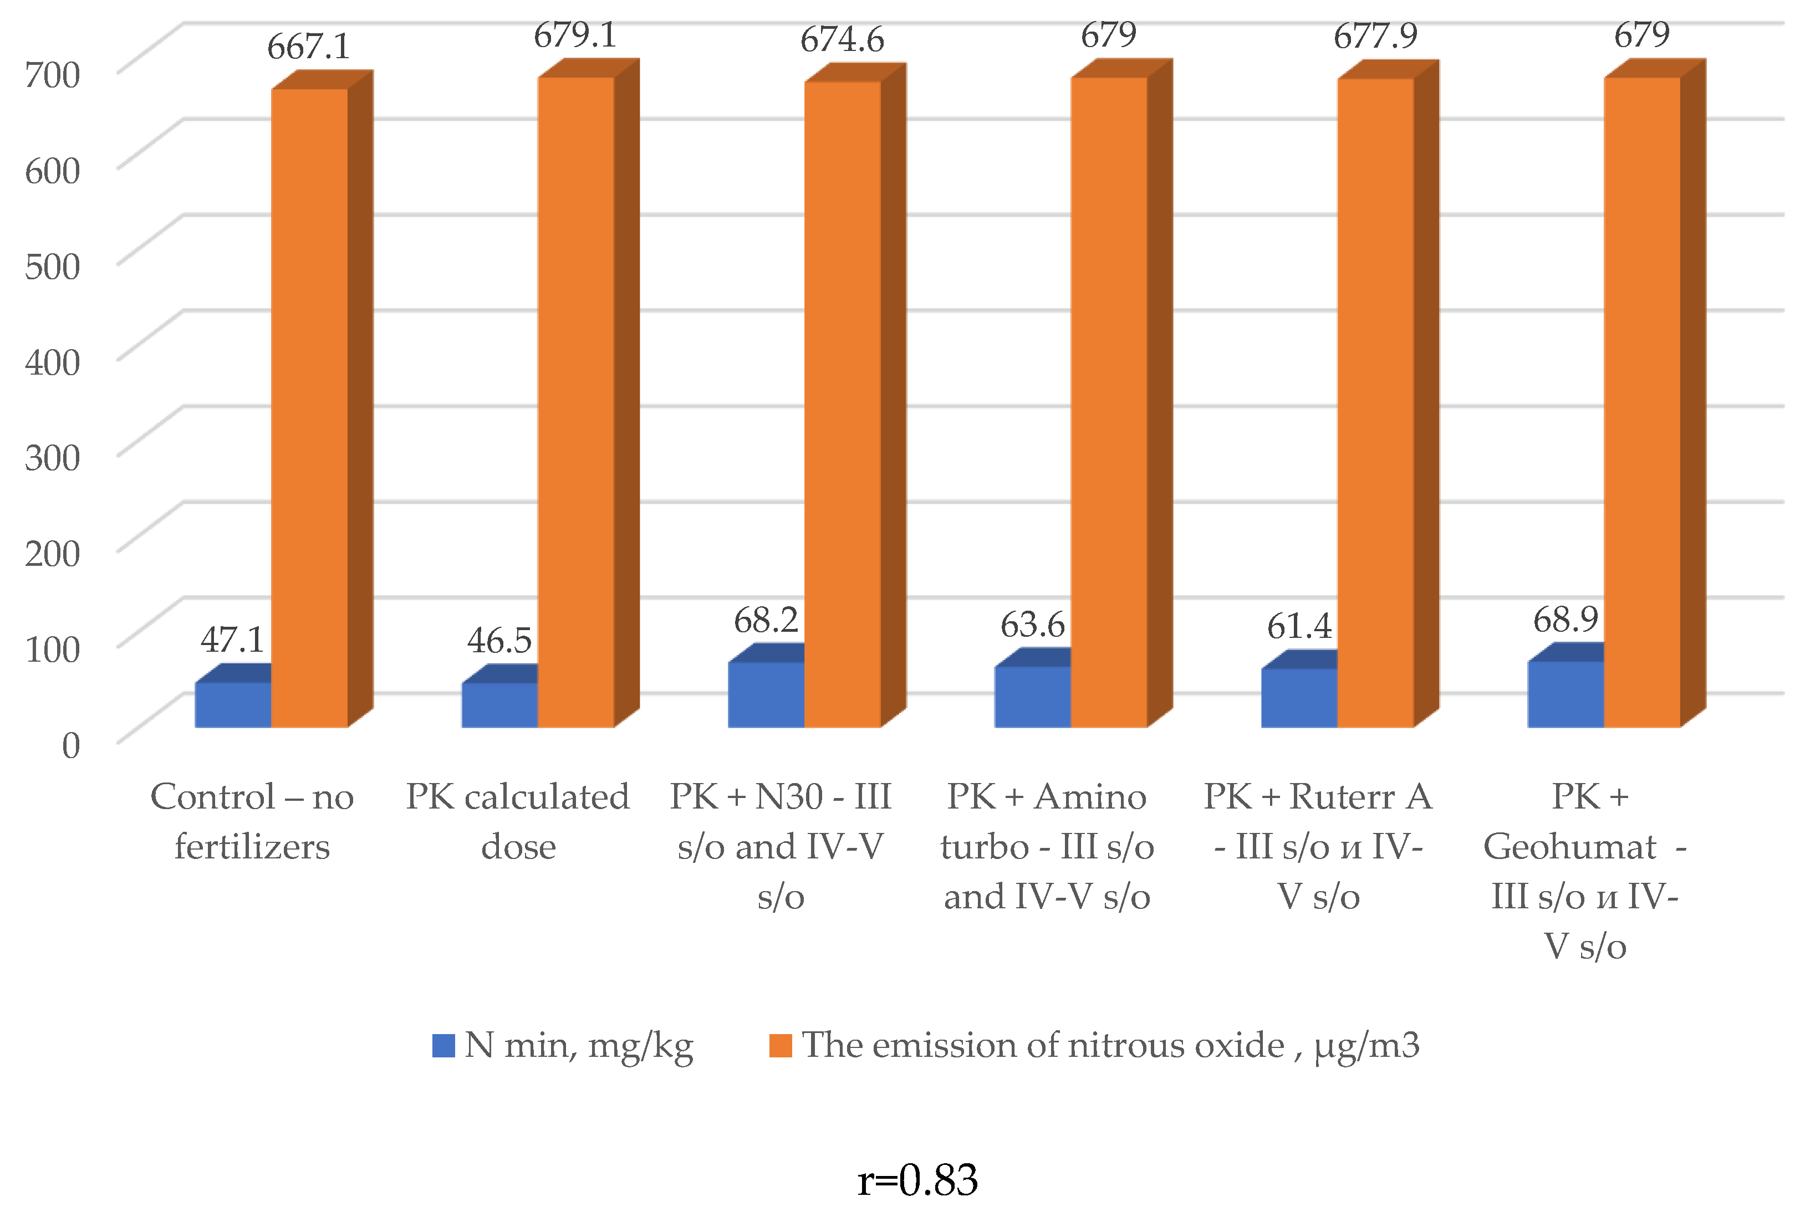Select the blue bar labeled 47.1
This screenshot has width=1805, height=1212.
pyautogui.click(x=233, y=704)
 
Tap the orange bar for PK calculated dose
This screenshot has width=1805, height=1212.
pyautogui.click(x=576, y=402)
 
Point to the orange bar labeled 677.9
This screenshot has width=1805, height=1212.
pyautogui.click(x=1375, y=402)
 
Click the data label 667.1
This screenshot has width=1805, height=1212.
pyautogui.click(x=308, y=47)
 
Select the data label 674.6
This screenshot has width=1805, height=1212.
pyautogui.click(x=842, y=39)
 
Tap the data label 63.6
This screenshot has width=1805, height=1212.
pyautogui.click(x=1032, y=625)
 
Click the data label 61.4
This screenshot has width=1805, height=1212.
pyautogui.click(x=1299, y=626)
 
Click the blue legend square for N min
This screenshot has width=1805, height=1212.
pyautogui.click(x=443, y=1046)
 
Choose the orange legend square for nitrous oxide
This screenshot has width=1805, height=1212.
pyautogui.click(x=780, y=1046)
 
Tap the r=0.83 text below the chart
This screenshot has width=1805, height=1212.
pyautogui.click(x=917, y=1180)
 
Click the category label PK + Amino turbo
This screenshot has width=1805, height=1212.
pyautogui.click(x=1047, y=846)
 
